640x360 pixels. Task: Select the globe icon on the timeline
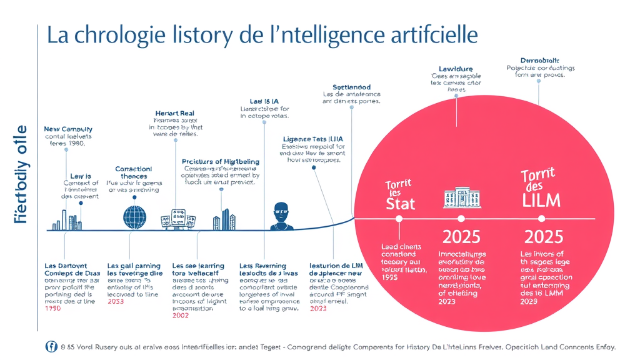134,217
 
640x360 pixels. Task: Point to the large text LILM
541,200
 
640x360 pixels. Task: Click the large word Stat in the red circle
401,203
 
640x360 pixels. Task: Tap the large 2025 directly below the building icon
461,237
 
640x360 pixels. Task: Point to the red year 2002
180,316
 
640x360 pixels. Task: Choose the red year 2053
116,301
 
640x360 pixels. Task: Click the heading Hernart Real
174,113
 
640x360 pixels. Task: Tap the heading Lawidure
456,69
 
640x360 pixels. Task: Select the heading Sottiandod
351,87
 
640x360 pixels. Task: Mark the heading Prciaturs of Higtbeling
220,161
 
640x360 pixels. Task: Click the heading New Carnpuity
68,129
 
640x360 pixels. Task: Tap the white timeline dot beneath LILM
541,218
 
